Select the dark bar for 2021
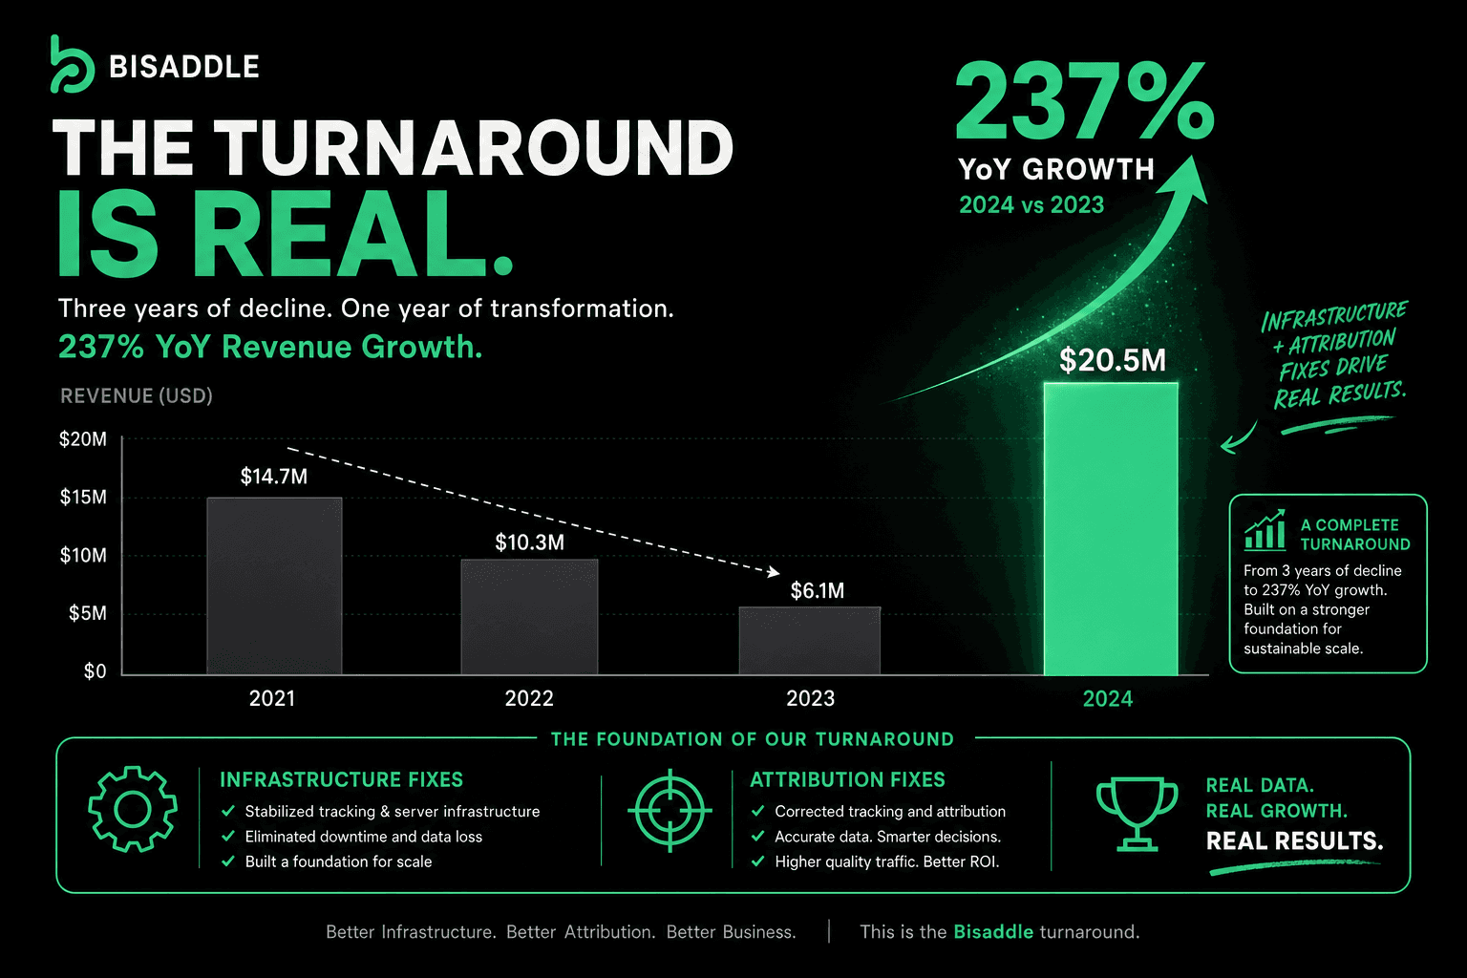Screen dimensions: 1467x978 click(x=274, y=585)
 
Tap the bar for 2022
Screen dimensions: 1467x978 click(x=529, y=616)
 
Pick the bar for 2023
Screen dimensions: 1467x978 click(x=810, y=641)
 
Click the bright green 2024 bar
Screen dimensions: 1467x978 click(x=1111, y=528)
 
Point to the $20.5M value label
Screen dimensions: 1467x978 click(x=1113, y=360)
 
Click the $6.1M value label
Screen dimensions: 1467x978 click(x=818, y=591)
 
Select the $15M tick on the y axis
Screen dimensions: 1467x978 click(x=83, y=498)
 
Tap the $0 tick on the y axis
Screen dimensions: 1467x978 click(x=95, y=671)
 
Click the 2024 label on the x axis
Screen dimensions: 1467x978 click(x=1108, y=699)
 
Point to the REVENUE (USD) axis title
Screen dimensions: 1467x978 click(x=137, y=395)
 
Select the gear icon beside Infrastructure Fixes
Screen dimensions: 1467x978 click(x=133, y=809)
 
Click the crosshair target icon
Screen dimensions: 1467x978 click(x=670, y=810)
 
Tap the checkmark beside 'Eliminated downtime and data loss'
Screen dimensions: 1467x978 click(x=228, y=837)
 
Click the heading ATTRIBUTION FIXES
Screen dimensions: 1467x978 click(x=847, y=779)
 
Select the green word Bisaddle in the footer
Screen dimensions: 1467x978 click(x=993, y=931)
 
